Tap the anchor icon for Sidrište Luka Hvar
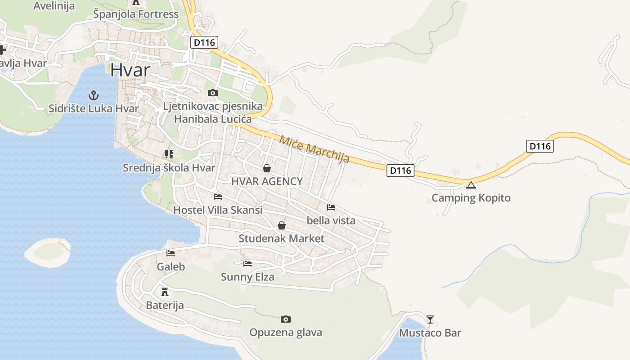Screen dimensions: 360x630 93,95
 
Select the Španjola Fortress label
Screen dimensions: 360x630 136,14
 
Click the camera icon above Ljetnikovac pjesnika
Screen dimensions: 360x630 213,93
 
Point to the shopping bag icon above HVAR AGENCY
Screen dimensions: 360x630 267,168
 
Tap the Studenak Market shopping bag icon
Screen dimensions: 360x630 282,225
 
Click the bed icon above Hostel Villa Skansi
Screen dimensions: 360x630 218,197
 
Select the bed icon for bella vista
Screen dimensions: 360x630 331,207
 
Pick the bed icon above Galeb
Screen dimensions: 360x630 171,253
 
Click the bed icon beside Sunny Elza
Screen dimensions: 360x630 247,264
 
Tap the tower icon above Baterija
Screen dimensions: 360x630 165,292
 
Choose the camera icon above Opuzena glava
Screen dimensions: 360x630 286,319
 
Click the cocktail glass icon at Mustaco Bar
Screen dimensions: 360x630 430,319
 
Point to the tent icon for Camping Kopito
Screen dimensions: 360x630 471,185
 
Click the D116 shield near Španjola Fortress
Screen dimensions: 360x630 204,43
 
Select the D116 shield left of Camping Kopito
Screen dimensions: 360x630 400,171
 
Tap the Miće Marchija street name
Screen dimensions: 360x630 314,148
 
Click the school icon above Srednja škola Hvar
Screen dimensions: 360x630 169,155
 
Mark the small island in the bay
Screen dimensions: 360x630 47,252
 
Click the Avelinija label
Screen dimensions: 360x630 54,6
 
